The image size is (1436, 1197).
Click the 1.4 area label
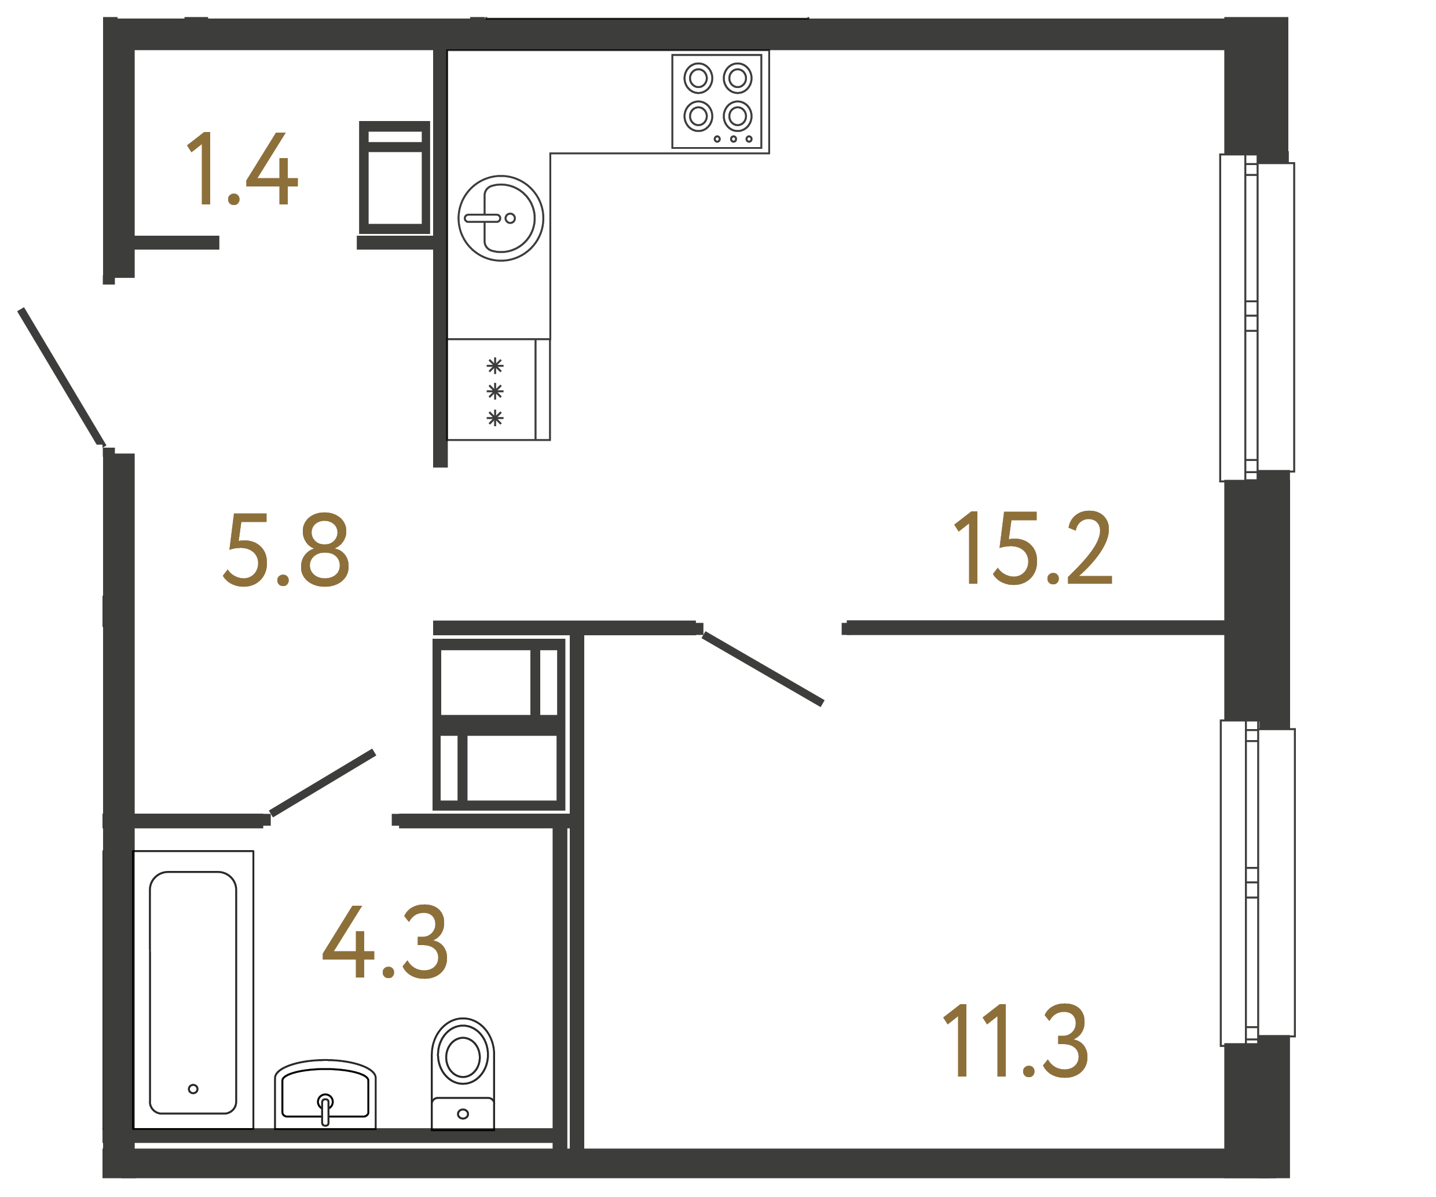[242, 169]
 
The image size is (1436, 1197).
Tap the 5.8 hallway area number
[286, 550]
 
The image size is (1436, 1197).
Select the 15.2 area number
[1032, 548]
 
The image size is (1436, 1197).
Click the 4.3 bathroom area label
[385, 943]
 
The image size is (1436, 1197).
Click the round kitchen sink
[500, 218]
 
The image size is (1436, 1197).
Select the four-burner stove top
[717, 101]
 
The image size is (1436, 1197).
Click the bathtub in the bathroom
[193, 993]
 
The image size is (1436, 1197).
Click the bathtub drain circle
[193, 1089]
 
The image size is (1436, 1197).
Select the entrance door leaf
[61, 376]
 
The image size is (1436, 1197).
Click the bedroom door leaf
[763, 669]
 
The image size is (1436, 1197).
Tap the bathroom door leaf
[322, 782]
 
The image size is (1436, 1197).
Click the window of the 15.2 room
[1257, 317]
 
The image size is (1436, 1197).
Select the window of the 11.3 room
[1257, 883]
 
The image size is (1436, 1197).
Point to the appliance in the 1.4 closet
[394, 178]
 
